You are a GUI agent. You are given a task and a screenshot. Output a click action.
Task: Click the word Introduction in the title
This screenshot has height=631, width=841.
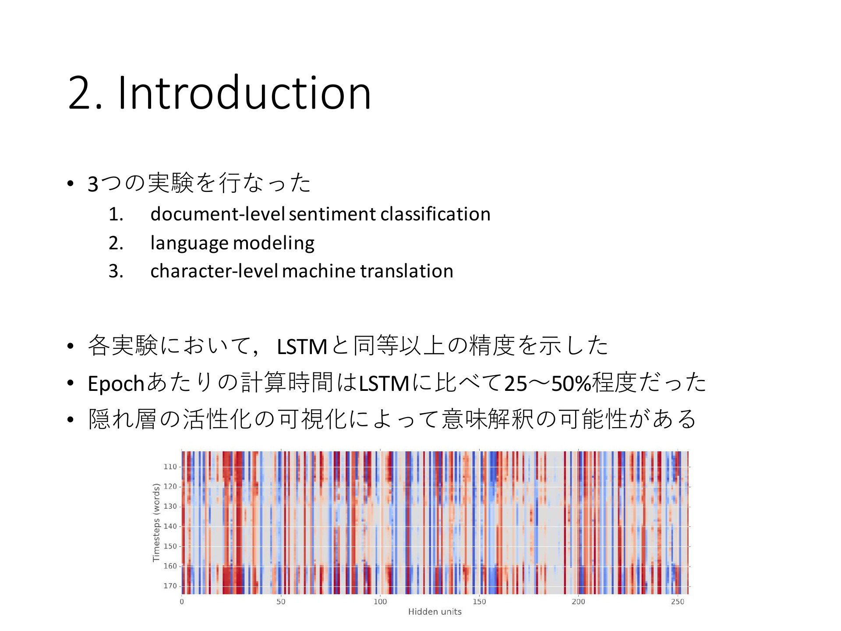[245, 92]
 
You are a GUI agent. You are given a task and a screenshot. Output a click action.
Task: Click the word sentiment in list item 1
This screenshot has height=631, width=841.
[332, 214]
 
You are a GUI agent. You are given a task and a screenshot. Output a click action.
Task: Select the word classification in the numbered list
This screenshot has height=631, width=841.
[435, 214]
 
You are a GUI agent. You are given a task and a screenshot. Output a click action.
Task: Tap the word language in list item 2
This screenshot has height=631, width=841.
[189, 243]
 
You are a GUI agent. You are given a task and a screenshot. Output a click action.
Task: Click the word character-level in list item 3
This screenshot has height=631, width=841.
[214, 271]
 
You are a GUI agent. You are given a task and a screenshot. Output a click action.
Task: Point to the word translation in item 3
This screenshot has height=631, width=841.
[407, 271]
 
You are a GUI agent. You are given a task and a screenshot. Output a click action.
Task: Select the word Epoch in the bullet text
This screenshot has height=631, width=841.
[116, 383]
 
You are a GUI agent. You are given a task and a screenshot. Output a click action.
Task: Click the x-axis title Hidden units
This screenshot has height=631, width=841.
[435, 612]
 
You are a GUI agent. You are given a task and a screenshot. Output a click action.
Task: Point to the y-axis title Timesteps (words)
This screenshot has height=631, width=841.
[156, 522]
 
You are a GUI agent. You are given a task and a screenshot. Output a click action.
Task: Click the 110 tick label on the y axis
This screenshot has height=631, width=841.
[170, 467]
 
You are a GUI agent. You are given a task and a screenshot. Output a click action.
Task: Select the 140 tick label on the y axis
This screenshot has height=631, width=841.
[170, 526]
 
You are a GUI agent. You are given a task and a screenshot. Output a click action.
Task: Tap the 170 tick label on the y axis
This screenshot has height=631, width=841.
[170, 586]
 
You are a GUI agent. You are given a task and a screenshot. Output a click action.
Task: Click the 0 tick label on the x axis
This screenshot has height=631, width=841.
[182, 602]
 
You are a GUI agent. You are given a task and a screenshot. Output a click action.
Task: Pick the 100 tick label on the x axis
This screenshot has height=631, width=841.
[380, 602]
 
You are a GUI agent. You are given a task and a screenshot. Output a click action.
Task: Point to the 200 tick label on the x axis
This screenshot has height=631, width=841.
[578, 602]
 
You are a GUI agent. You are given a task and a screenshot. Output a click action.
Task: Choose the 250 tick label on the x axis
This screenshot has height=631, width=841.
[677, 602]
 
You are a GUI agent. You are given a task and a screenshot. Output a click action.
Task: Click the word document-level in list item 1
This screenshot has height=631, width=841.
[218, 214]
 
